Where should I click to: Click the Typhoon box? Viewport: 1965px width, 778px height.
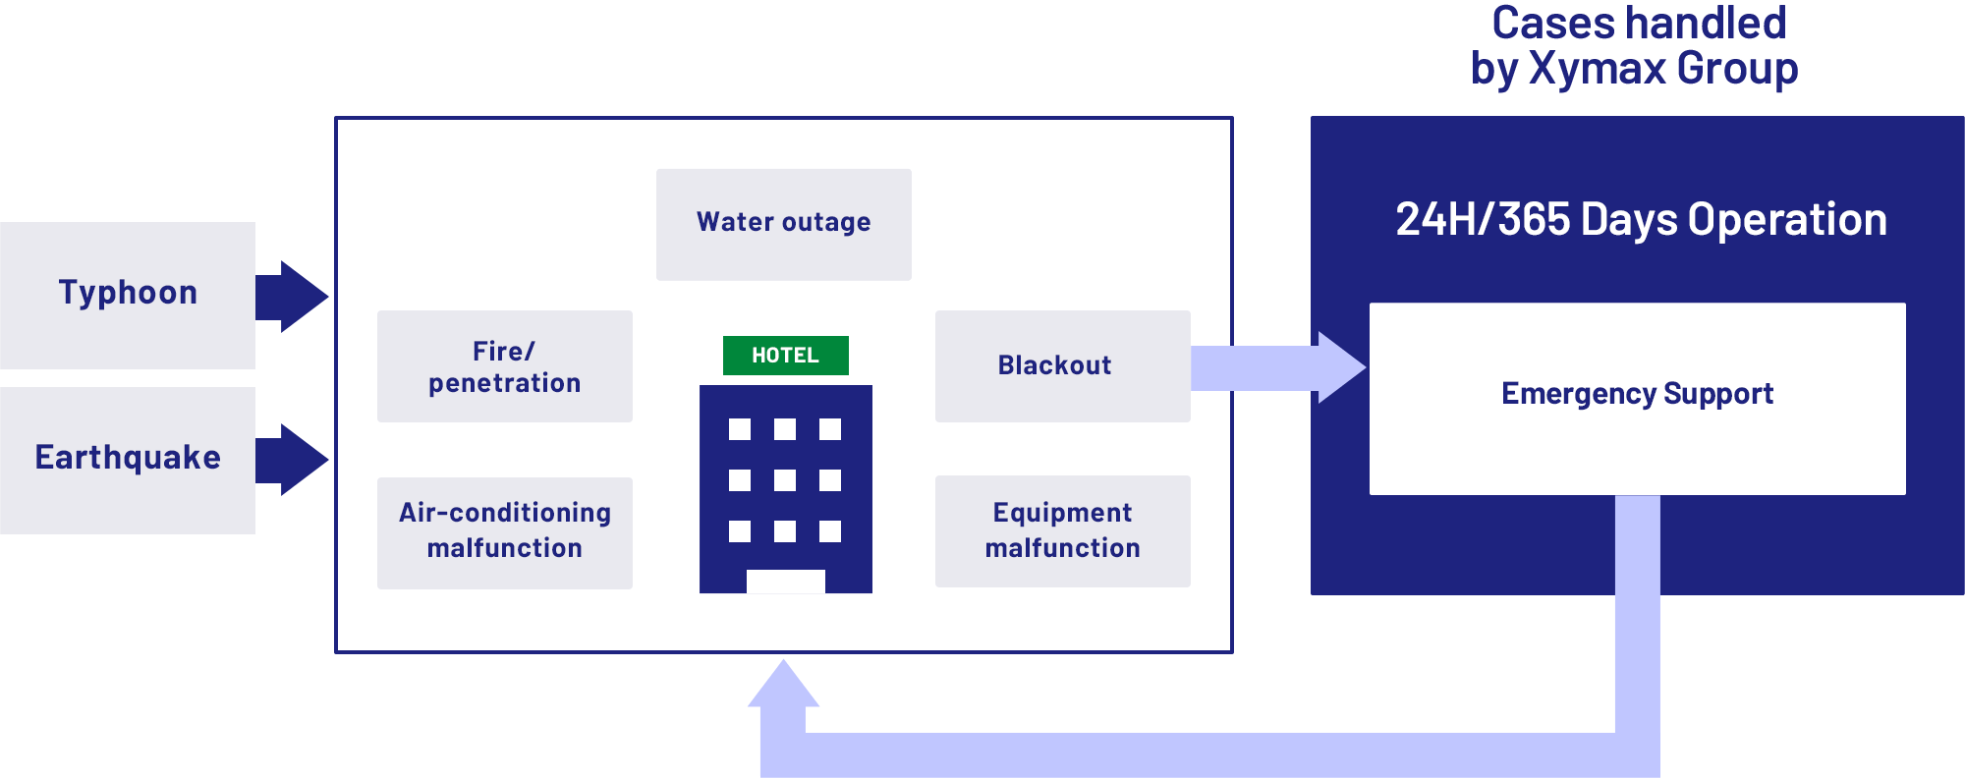coord(128,295)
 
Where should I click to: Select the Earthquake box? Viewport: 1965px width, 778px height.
coord(128,460)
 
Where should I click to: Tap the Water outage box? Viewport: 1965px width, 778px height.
coord(783,224)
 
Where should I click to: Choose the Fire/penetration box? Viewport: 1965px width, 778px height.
coord(504,366)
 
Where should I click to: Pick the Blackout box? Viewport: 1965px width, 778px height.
coord(1062,366)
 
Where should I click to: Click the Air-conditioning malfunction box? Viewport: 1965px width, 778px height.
coord(504,532)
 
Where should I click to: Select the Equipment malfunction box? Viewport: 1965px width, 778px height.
coord(1062,531)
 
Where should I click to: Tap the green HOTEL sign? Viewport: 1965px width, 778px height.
coord(785,356)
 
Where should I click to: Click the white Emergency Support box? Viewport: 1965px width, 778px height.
coord(1637,398)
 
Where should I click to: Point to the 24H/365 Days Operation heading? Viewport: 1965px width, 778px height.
coord(1641,220)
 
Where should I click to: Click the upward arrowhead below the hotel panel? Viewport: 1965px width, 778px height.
coord(783,686)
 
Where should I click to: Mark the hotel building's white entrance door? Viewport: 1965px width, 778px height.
coord(785,582)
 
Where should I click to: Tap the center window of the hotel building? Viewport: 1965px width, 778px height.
coord(785,480)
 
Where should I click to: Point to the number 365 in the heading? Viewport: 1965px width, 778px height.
coord(1534,220)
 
